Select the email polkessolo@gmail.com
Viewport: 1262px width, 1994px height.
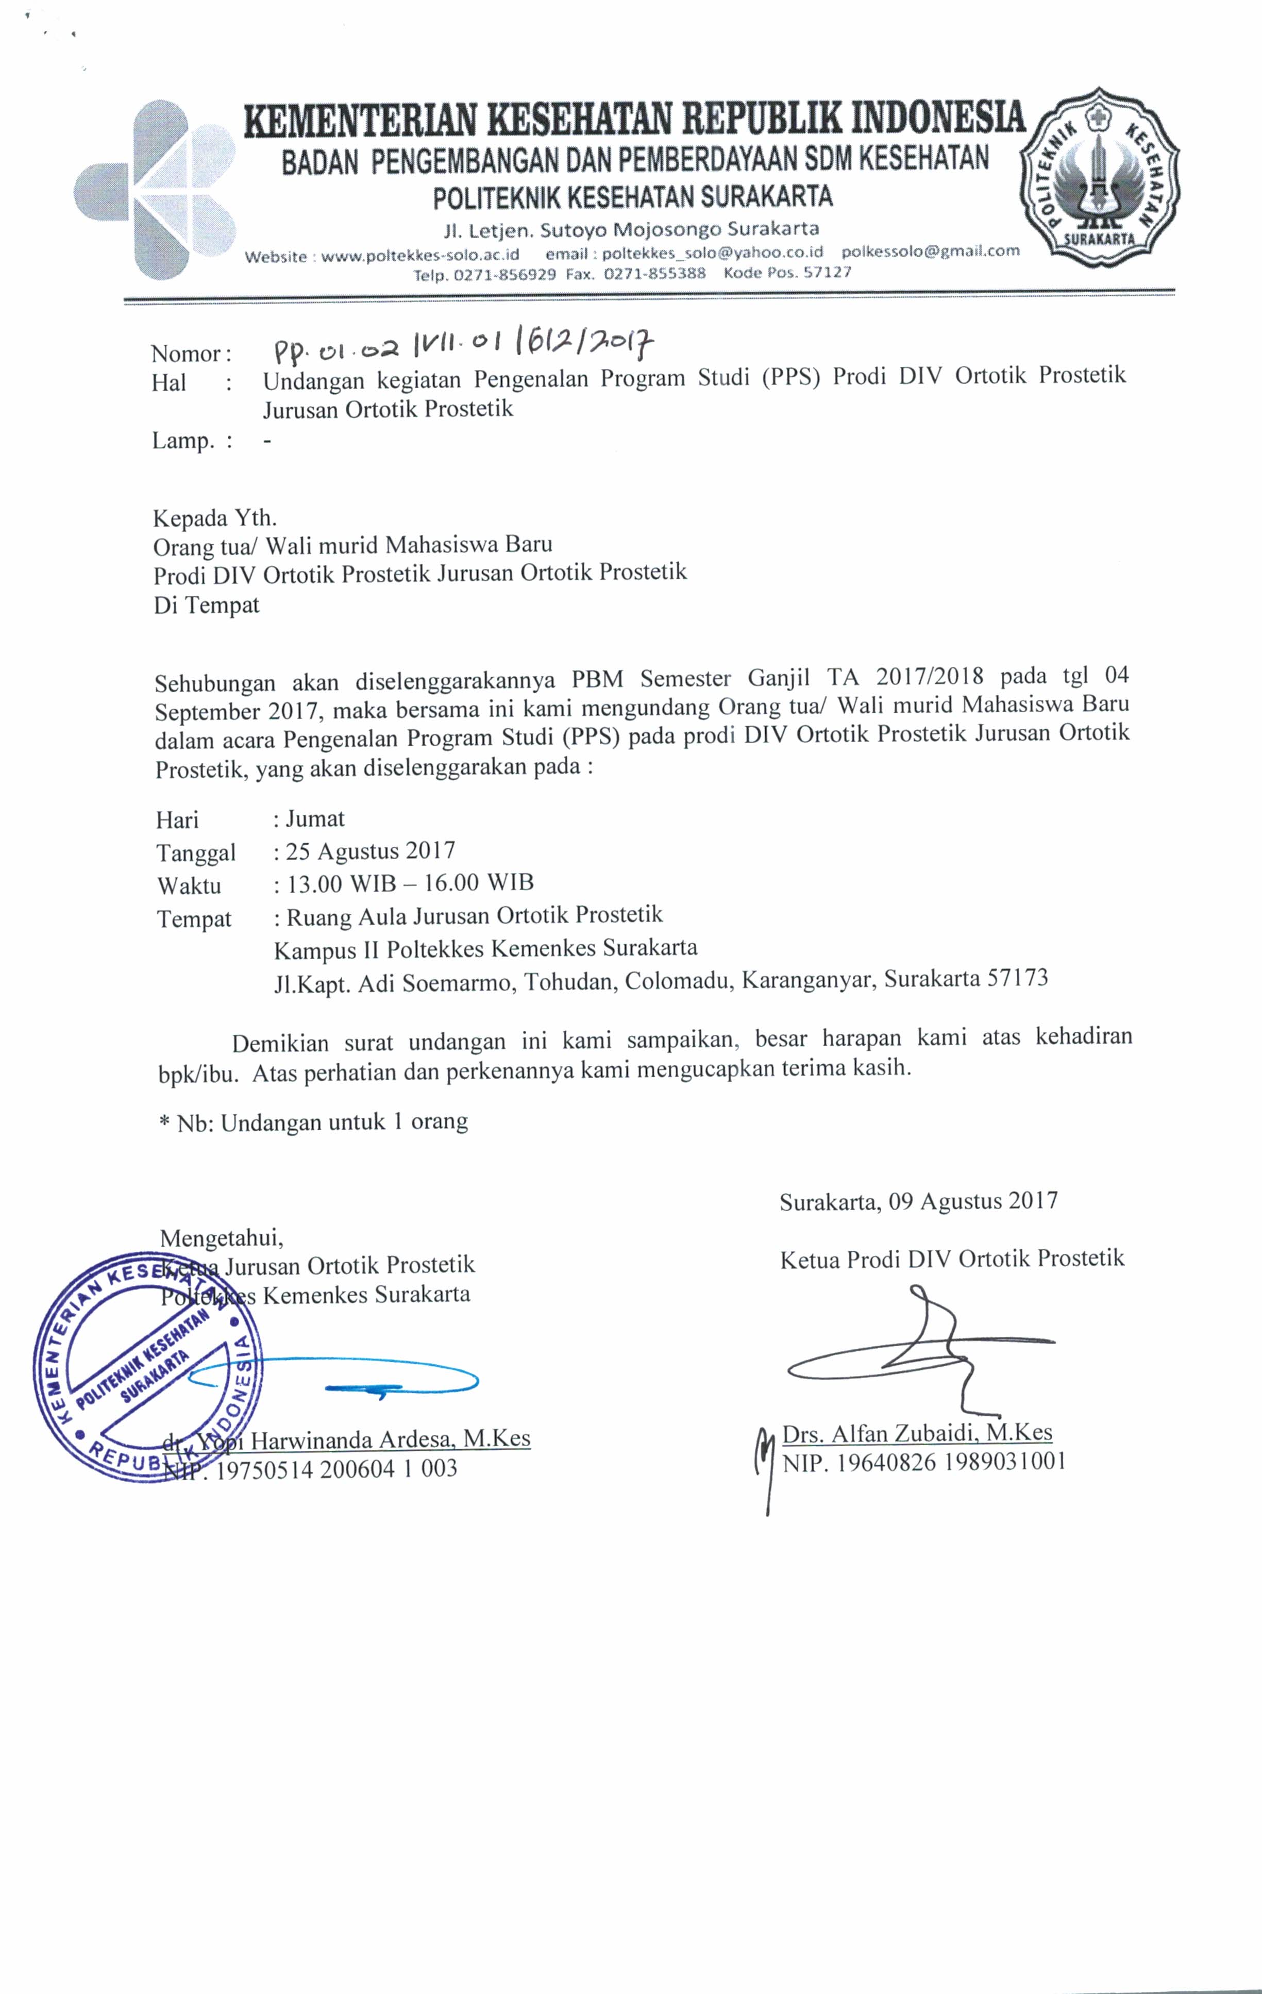[930, 251]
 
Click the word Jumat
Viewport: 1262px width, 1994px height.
[315, 819]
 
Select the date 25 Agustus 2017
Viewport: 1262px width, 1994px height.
[370, 851]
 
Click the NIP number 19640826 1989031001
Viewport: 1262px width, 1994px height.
[951, 1462]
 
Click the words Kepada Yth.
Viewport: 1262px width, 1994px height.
[214, 518]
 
